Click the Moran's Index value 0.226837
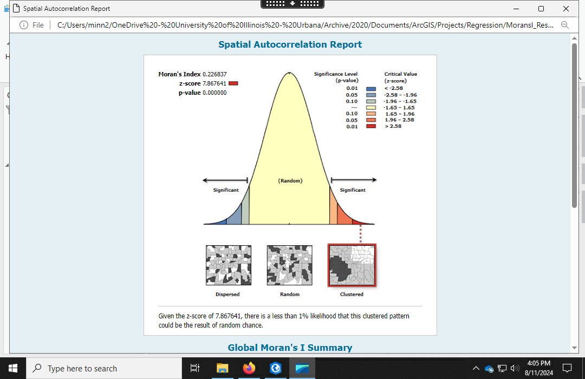click(x=214, y=74)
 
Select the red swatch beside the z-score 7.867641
click(x=233, y=83)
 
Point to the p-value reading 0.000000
click(x=214, y=93)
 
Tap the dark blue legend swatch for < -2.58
click(x=371, y=89)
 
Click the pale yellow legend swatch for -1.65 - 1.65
click(x=371, y=107)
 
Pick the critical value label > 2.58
click(x=393, y=126)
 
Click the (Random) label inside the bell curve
click(x=290, y=180)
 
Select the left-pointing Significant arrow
click(x=225, y=180)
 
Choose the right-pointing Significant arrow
click(x=354, y=180)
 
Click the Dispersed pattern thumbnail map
click(x=229, y=265)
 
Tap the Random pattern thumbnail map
click(x=289, y=265)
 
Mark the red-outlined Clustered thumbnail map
click(x=352, y=265)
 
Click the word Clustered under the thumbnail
click(x=352, y=295)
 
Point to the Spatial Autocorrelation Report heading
click(x=290, y=44)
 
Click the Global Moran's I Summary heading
click(x=290, y=348)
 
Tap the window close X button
click(x=565, y=9)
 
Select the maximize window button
click(x=541, y=9)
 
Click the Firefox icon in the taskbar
click(x=249, y=368)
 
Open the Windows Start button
click(x=12, y=368)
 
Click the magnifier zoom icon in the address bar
click(x=565, y=25)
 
